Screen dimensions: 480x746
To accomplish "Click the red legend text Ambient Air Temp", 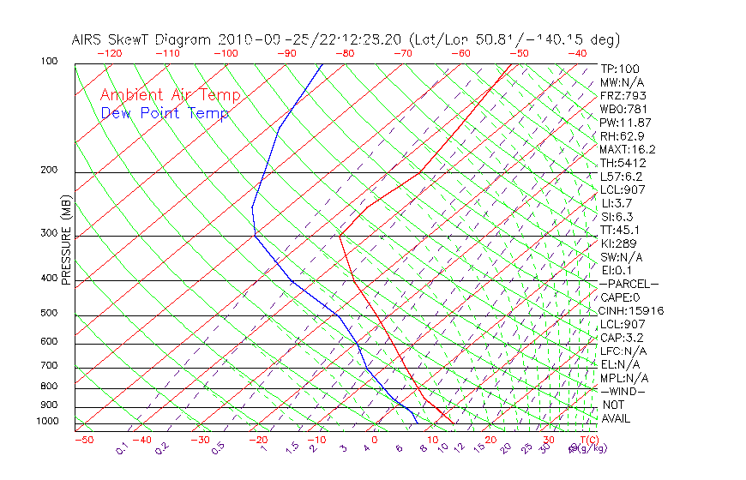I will (170, 95).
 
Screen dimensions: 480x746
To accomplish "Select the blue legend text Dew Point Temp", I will (165, 113).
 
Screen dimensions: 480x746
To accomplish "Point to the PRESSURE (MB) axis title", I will (67, 240).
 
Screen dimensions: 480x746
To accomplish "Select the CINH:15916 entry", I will (631, 310).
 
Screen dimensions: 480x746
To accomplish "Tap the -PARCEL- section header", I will (629, 284).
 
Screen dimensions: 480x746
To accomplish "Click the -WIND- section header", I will (623, 391).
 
